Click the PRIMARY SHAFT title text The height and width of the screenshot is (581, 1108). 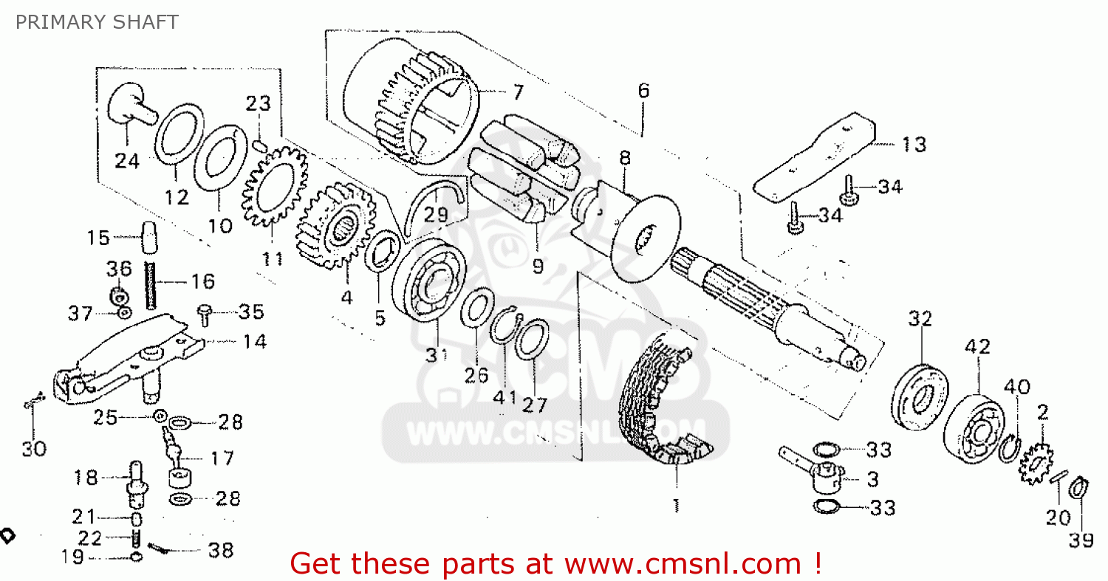97,22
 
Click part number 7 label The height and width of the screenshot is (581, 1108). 518,93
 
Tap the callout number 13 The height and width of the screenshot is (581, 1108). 914,144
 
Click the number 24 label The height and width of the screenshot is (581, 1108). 127,160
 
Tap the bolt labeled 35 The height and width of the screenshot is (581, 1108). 206,314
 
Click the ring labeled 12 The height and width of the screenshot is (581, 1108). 179,133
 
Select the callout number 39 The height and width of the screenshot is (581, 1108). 1081,540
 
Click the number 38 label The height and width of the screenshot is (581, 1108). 221,550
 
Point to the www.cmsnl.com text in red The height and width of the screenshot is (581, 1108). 683,564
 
